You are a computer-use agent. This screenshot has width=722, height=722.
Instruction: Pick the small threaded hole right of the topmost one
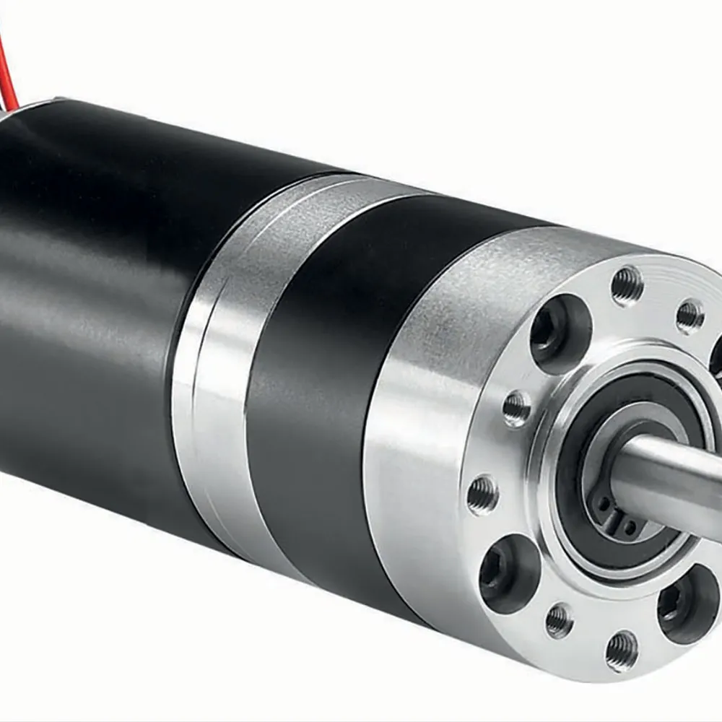pyautogui.click(x=690, y=315)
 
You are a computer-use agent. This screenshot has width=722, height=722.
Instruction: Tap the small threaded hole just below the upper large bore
pyautogui.click(x=517, y=409)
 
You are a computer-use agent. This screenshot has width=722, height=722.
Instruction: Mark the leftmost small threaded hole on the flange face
pyautogui.click(x=482, y=495)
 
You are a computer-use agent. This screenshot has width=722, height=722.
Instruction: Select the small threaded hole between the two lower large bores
pyautogui.click(x=560, y=619)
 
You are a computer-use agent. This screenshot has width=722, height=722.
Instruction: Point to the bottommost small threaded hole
pyautogui.click(x=622, y=650)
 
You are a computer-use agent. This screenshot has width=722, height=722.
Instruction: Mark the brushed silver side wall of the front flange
pyautogui.click(x=419, y=433)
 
